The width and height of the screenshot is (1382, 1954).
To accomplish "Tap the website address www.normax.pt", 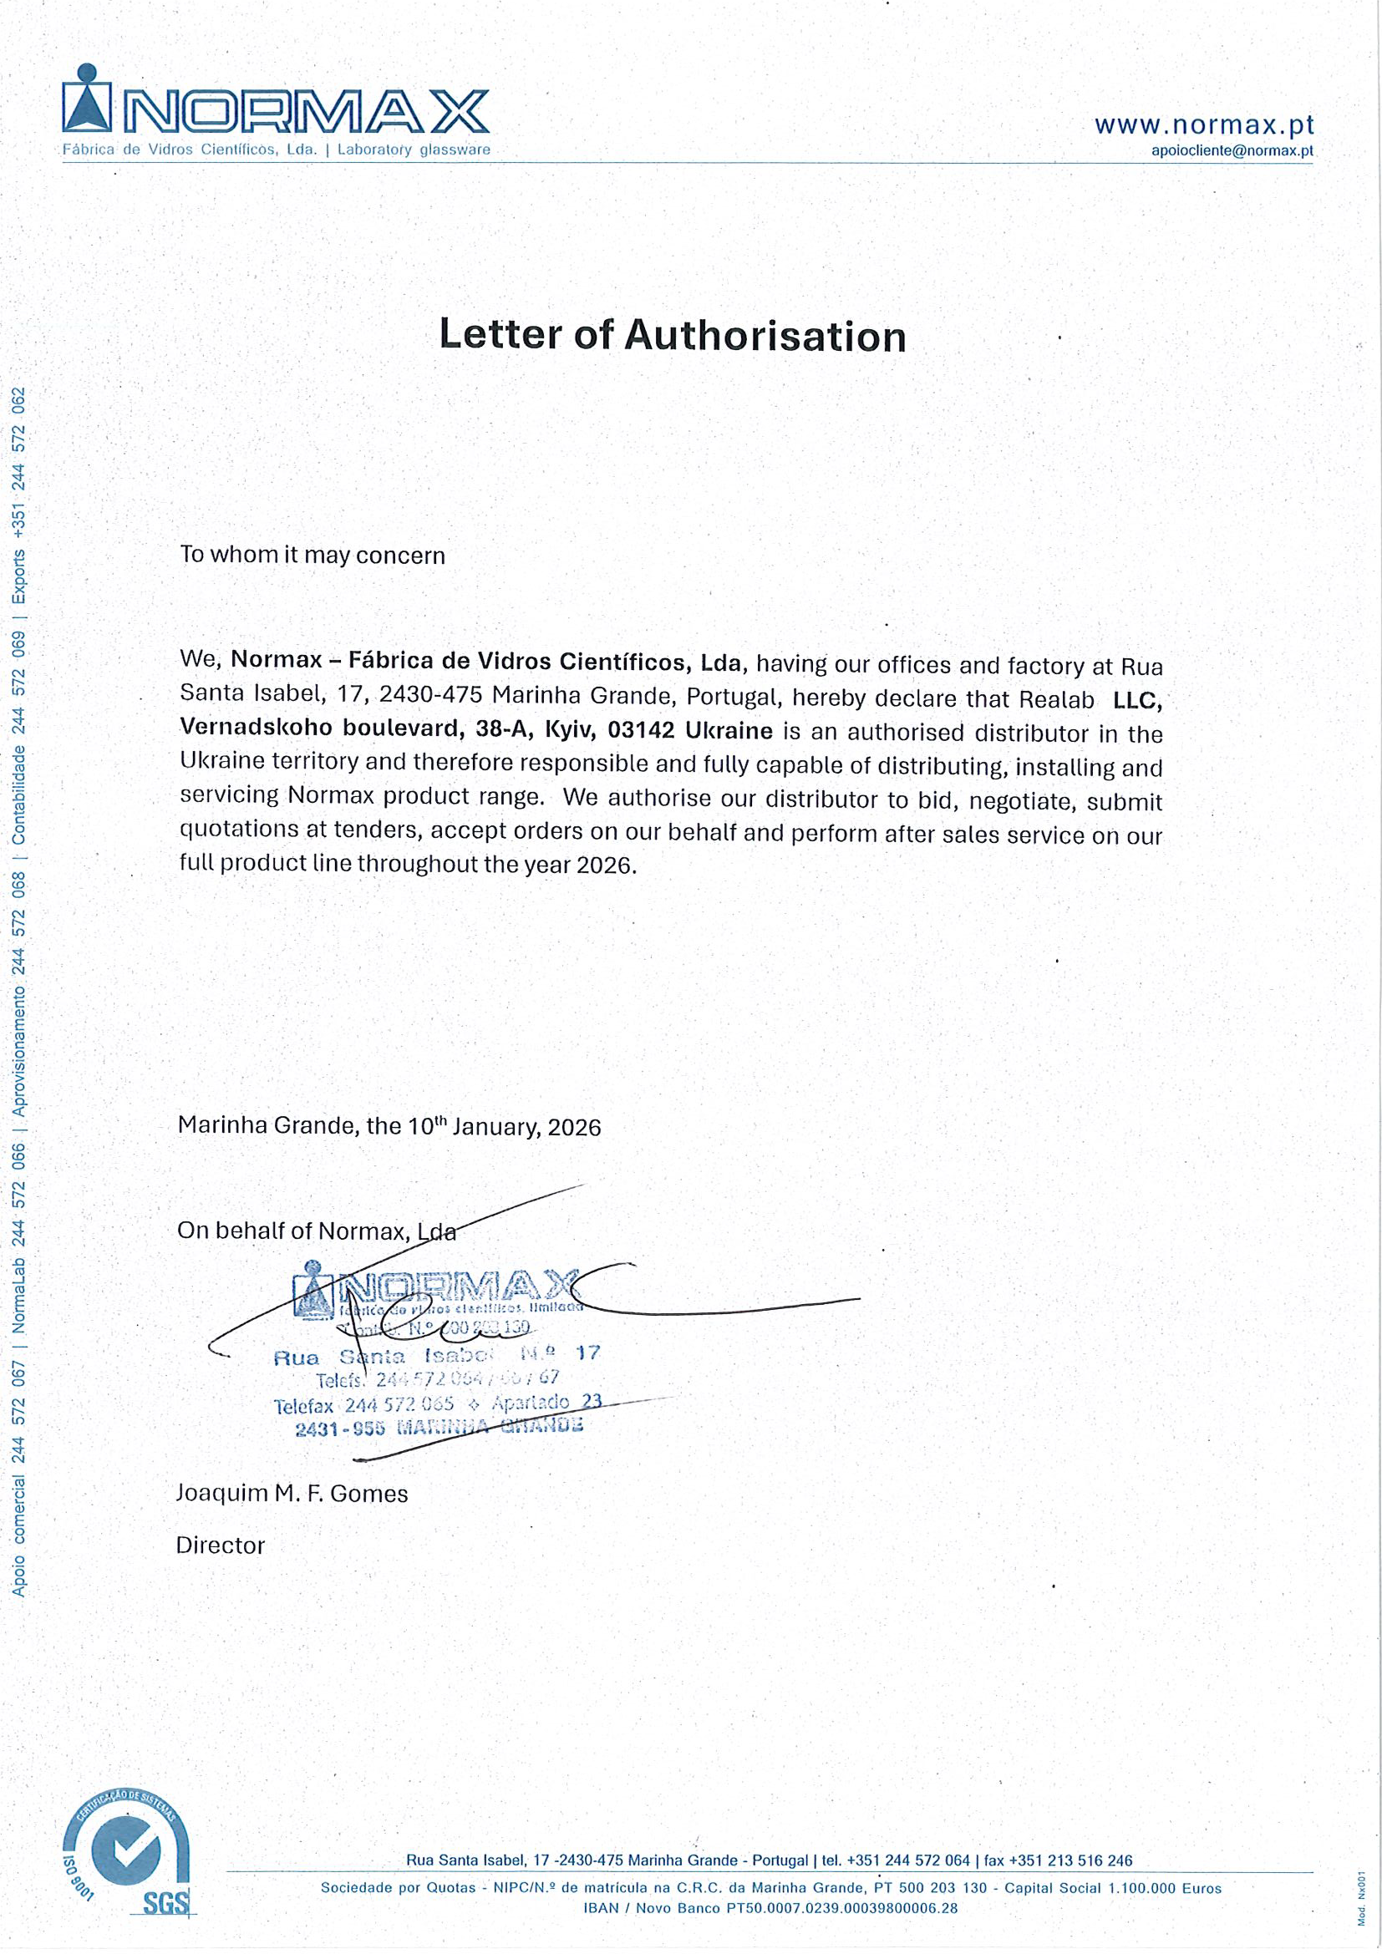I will pos(1203,125).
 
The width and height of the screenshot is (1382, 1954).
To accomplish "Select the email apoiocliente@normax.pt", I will pos(1232,150).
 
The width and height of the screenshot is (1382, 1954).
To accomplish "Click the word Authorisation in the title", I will pos(765,335).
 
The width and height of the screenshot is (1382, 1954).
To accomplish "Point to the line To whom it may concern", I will pos(312,555).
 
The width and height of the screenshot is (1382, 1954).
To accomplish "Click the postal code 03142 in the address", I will pos(641,730).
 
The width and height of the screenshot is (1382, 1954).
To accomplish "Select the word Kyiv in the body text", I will pos(568,730).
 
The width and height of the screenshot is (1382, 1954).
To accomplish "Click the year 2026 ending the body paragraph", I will pos(604,865).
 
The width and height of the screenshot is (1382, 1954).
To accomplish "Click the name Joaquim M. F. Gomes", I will pos(292,1494).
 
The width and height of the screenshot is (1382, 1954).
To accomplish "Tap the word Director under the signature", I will pos(221,1545).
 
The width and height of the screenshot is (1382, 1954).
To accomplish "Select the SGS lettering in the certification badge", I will pos(166,1904).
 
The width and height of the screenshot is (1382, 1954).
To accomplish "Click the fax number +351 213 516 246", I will pos(1070,1860).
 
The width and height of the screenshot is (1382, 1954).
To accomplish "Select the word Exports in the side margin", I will pos(18,576).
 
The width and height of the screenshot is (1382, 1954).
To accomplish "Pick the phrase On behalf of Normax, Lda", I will pos(317,1231).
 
